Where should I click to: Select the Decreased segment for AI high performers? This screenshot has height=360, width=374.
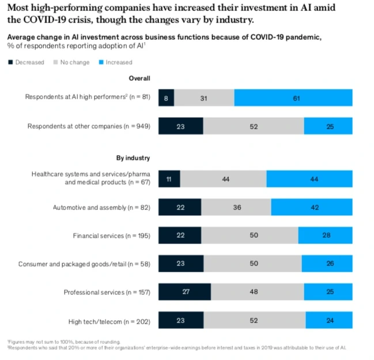(x=166, y=97)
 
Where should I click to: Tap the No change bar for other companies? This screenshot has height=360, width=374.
(x=254, y=126)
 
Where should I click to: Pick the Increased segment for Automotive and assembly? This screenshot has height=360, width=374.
(x=311, y=207)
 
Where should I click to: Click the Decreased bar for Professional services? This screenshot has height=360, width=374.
(x=184, y=292)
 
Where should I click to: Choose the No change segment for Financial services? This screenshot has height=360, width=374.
(x=250, y=235)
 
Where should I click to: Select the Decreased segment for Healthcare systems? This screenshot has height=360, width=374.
(x=169, y=179)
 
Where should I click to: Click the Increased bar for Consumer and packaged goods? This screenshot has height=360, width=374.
(x=327, y=264)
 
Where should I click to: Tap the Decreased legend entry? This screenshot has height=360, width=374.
(x=27, y=62)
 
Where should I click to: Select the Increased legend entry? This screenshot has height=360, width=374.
(x=115, y=62)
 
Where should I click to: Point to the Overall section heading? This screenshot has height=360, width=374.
(x=140, y=78)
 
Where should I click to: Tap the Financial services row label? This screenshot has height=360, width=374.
(x=111, y=235)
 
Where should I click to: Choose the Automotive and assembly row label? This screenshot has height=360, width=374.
(x=101, y=207)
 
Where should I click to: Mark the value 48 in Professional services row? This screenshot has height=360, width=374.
(x=254, y=292)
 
